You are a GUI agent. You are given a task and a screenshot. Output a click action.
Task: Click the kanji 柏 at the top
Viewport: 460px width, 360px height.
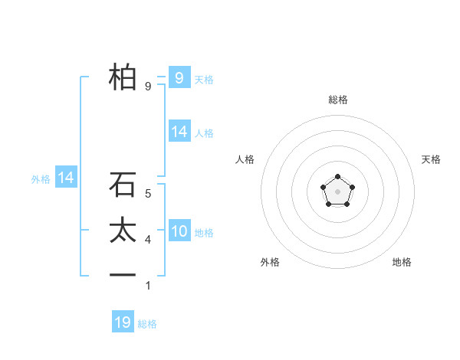click(123, 77)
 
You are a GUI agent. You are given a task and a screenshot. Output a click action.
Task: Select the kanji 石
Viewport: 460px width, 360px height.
click(123, 185)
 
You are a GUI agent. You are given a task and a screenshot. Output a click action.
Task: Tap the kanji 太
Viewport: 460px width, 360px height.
click(123, 231)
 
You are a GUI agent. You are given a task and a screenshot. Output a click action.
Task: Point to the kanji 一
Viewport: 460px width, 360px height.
click(123, 274)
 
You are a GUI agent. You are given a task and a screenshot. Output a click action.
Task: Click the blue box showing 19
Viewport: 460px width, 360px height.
click(123, 322)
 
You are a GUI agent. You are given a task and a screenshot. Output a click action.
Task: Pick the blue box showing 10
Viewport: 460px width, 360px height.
click(179, 231)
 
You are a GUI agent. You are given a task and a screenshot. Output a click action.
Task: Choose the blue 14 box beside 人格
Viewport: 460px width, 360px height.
click(179, 132)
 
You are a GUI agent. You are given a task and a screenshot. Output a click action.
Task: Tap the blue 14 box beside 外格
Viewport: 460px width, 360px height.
click(66, 178)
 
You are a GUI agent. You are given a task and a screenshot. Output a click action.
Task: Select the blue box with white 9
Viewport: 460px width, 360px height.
click(179, 77)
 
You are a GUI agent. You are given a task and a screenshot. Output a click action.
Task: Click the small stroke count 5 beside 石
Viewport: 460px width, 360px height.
click(148, 195)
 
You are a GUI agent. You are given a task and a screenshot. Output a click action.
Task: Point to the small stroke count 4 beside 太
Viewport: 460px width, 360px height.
click(148, 241)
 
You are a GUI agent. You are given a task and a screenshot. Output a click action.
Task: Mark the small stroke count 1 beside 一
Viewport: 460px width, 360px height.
click(148, 286)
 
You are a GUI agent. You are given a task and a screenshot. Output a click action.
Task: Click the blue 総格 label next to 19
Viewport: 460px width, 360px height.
click(147, 324)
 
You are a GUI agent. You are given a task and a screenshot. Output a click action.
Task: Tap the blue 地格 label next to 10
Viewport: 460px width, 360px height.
click(204, 233)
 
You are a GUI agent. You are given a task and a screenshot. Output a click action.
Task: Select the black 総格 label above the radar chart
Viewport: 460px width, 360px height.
click(337, 100)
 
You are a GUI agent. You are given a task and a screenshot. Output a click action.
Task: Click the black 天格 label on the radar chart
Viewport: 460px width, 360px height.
click(432, 159)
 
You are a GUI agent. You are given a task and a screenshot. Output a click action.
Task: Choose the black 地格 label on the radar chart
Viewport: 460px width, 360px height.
click(402, 262)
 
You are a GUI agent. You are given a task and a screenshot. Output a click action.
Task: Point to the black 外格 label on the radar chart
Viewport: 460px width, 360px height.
click(270, 262)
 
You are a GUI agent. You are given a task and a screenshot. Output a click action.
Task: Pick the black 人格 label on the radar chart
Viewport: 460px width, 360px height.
click(245, 159)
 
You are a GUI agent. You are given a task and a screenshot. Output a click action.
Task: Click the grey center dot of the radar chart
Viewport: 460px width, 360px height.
click(337, 190)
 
